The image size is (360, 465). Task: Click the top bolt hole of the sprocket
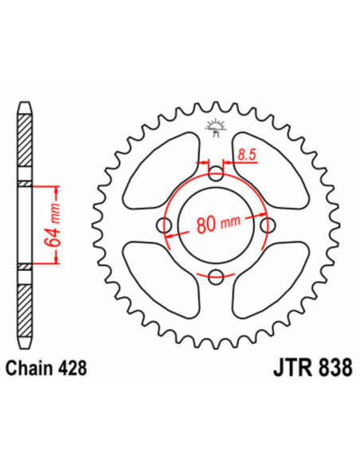point(216,170)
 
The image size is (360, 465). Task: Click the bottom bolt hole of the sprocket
point(216,276)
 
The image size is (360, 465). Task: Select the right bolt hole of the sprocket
point(267,224)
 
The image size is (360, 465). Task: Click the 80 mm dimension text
point(215,224)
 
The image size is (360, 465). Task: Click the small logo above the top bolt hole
point(216,127)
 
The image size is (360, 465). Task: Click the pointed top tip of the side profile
point(26,103)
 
